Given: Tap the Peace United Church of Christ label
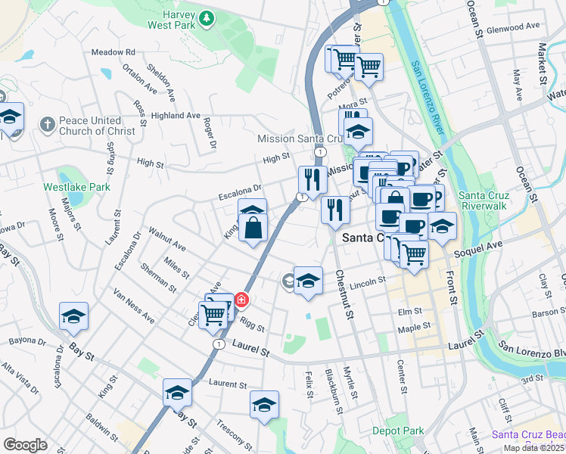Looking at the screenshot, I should pos(97,126).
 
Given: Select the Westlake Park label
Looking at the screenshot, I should pos(76,187).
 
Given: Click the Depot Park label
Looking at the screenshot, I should pos(397,431).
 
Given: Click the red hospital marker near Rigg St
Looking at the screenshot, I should pos(241,300).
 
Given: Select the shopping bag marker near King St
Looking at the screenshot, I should pos(253,228).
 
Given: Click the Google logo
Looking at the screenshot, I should pos(26,445).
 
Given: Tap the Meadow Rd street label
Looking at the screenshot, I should pos(113,52).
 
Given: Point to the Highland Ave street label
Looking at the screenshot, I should pos(176,116).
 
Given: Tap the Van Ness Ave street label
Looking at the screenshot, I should pos(133,306).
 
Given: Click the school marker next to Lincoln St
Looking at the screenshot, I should pos(308,281).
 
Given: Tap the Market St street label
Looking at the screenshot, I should pos(542,62).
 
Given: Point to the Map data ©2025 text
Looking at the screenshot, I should pos(534,448).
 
